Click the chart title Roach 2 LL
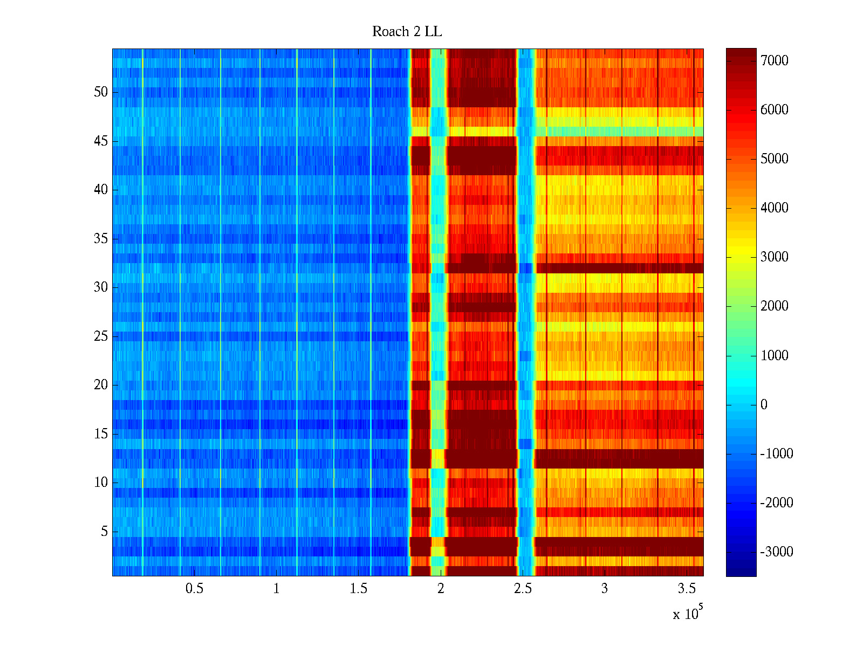pyautogui.click(x=407, y=32)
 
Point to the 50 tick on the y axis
pyautogui.click(x=101, y=92)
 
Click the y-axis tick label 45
pyautogui.click(x=101, y=141)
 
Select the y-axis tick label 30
pyautogui.click(x=101, y=287)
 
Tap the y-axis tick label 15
pyautogui.click(x=101, y=434)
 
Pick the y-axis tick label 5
pyautogui.click(x=104, y=532)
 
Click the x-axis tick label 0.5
pyautogui.click(x=194, y=589)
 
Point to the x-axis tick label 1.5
pyautogui.click(x=358, y=589)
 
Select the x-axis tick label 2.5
pyautogui.click(x=523, y=589)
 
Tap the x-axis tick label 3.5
pyautogui.click(x=687, y=589)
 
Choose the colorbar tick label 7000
pyautogui.click(x=775, y=61)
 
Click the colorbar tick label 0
pyautogui.click(x=764, y=405)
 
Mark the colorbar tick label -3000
pyautogui.click(x=777, y=552)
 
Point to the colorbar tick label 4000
pyautogui.click(x=775, y=208)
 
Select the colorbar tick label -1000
pyautogui.click(x=777, y=454)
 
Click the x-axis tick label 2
pyautogui.click(x=441, y=589)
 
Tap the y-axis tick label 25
pyautogui.click(x=101, y=336)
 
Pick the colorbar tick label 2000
pyautogui.click(x=775, y=306)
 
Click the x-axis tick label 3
pyautogui.click(x=605, y=589)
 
